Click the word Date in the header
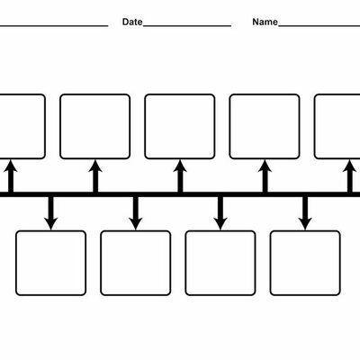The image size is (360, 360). pyautogui.click(x=131, y=21)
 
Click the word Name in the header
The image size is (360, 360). pyautogui.click(x=265, y=21)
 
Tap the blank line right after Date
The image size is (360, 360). pyautogui.click(x=186, y=24)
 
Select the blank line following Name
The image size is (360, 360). pyautogui.click(x=319, y=24)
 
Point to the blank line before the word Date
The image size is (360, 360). pyautogui.click(x=54, y=24)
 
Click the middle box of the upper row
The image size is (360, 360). pyautogui.click(x=180, y=126)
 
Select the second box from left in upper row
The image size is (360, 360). pyautogui.click(x=94, y=126)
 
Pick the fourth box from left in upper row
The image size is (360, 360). pyautogui.click(x=265, y=126)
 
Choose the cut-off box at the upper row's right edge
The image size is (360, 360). pyautogui.click(x=338, y=126)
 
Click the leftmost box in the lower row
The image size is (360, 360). pyautogui.click(x=51, y=263)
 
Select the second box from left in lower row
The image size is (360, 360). pyautogui.click(x=135, y=263)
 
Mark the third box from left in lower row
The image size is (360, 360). pyautogui.click(x=220, y=263)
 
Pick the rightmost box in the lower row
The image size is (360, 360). pyautogui.click(x=305, y=263)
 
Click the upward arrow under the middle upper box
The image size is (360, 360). pyautogui.click(x=180, y=175)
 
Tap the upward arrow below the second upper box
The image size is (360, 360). pyautogui.click(x=94, y=175)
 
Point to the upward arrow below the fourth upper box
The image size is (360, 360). pyautogui.click(x=265, y=175)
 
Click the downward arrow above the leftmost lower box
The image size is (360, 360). pyautogui.click(x=51, y=212)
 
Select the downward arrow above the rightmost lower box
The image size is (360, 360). pyautogui.click(x=305, y=212)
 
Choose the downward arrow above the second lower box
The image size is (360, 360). pyautogui.click(x=136, y=212)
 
